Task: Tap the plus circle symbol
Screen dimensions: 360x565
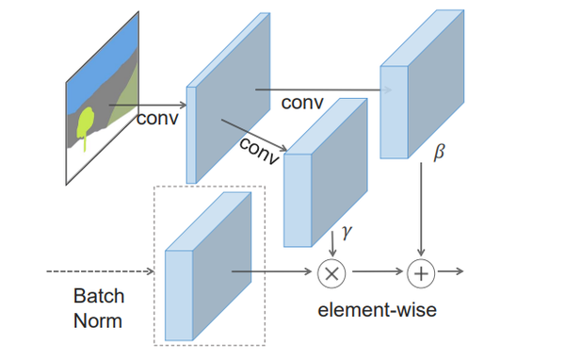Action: coord(420,273)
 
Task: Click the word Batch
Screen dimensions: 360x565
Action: coord(99,296)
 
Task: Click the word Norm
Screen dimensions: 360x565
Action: coord(99,320)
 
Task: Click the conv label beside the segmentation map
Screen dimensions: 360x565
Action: coord(157,119)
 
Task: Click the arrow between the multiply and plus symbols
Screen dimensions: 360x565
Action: coord(376,273)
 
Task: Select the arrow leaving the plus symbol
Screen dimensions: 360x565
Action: coord(450,273)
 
